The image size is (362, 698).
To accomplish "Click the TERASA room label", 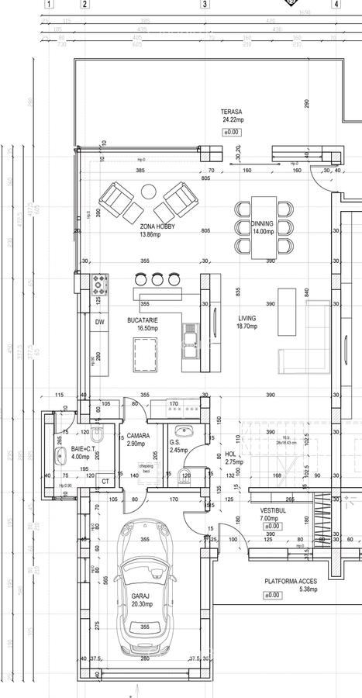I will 233,112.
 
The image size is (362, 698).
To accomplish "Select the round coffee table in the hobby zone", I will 148,190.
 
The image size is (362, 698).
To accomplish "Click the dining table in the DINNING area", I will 262,226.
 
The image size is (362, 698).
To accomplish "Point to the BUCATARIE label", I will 143,320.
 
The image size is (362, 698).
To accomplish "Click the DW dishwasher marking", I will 99,321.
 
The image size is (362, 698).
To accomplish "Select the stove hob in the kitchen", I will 99,281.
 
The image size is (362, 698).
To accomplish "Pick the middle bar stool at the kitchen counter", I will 158,278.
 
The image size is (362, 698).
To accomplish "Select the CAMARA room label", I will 138,436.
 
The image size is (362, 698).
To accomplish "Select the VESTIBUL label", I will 273,512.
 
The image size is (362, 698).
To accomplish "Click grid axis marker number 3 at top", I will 205,4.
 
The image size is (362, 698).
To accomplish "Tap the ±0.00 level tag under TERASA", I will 231,133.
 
